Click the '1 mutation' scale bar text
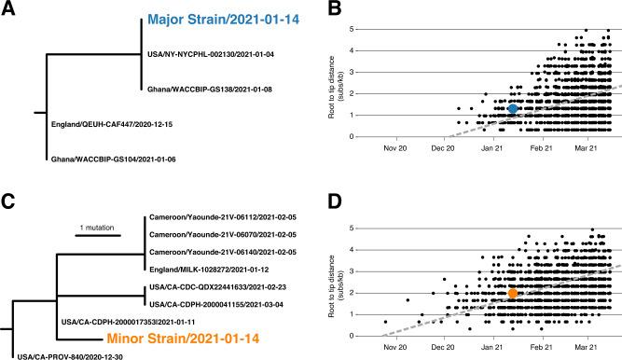tap(99, 227)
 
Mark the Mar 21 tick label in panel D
tap(587, 348)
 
